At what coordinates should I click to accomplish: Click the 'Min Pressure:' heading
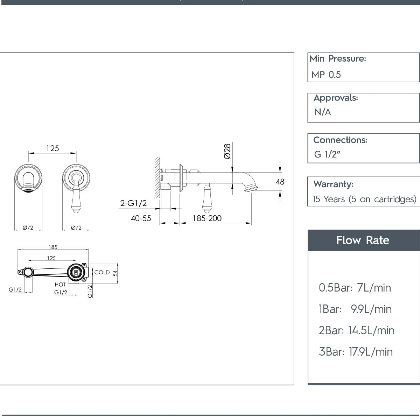pyautogui.click(x=337, y=59)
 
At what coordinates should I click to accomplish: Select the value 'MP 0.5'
pyautogui.click(x=326, y=75)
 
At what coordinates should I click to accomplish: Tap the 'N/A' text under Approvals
pyautogui.click(x=322, y=112)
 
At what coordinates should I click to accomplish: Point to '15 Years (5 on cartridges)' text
pyautogui.click(x=364, y=199)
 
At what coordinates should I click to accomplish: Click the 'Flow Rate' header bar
pyautogui.click(x=363, y=240)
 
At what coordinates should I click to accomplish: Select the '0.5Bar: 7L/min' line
pyautogui.click(x=355, y=288)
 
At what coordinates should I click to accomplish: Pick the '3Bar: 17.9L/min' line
pyautogui.click(x=356, y=352)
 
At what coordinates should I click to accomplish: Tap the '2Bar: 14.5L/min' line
pyautogui.click(x=356, y=330)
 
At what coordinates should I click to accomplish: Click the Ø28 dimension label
pyautogui.click(x=227, y=151)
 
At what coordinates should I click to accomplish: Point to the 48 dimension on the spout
pyautogui.click(x=280, y=182)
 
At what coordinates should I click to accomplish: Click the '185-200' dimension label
pyautogui.click(x=207, y=218)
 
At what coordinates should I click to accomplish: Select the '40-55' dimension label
pyautogui.click(x=141, y=218)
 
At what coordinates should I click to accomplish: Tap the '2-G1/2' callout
pyautogui.click(x=133, y=203)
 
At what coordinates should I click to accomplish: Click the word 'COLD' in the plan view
pyautogui.click(x=102, y=272)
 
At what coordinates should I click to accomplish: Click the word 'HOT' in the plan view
pyautogui.click(x=60, y=285)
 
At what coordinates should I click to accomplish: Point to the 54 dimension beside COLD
pyautogui.click(x=115, y=273)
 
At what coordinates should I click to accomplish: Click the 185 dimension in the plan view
pyautogui.click(x=53, y=247)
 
